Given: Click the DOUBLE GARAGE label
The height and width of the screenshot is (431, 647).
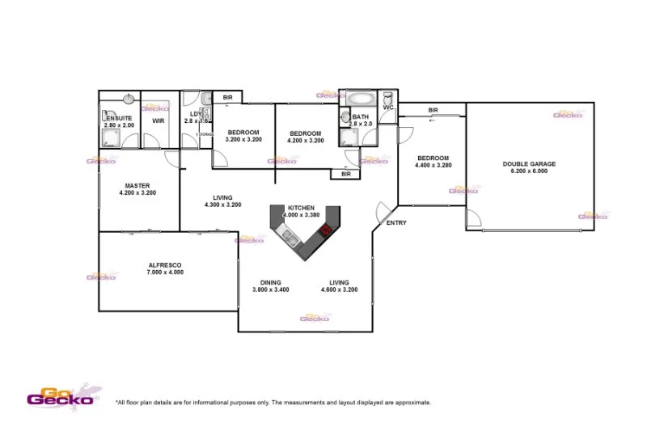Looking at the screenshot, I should point(529,163).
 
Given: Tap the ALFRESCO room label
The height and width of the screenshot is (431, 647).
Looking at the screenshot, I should point(165,265).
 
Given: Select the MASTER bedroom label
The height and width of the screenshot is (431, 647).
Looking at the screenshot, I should point(137,185).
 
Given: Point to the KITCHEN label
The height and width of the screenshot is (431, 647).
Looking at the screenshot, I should point(301,208).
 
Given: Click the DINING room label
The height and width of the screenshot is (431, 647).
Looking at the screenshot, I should point(270,282).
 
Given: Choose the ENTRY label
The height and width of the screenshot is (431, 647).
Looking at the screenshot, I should point(396,223).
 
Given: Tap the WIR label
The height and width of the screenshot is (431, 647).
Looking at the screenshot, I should point(159,121).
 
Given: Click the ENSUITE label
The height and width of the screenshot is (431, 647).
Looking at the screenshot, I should point(119,117).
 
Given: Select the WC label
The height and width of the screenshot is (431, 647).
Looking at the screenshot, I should point(388,108).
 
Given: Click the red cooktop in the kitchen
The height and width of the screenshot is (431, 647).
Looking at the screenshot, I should point(326,229).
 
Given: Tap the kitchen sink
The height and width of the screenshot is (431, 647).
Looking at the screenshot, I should point(286,236).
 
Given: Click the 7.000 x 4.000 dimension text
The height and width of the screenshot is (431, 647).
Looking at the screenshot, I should point(165,273).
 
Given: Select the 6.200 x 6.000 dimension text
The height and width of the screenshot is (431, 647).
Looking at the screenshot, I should point(529,171).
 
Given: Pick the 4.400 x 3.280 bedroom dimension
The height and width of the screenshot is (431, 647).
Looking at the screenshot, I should point(433,166).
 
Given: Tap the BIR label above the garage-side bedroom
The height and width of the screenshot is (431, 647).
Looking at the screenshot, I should point(433,110).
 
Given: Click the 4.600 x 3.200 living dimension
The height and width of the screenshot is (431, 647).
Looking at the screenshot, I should point(339,289).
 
